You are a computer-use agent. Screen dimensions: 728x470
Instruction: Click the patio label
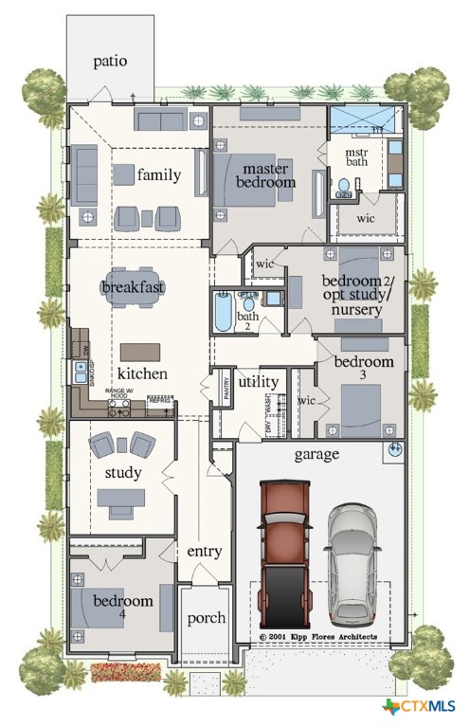tap(110, 62)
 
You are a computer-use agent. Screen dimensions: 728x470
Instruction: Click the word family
tap(158, 174)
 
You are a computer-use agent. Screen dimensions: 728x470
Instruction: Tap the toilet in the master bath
tap(346, 186)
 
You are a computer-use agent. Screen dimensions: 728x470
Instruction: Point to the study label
tap(123, 472)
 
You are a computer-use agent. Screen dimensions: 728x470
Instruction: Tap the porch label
tap(206, 618)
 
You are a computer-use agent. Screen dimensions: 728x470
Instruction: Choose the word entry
tap(205, 551)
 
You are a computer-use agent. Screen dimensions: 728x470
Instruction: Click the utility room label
tap(258, 381)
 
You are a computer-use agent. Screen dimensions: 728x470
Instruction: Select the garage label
tap(316, 454)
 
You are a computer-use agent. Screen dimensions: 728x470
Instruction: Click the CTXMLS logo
tap(419, 706)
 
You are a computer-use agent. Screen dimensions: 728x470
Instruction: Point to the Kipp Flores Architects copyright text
tap(318, 636)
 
